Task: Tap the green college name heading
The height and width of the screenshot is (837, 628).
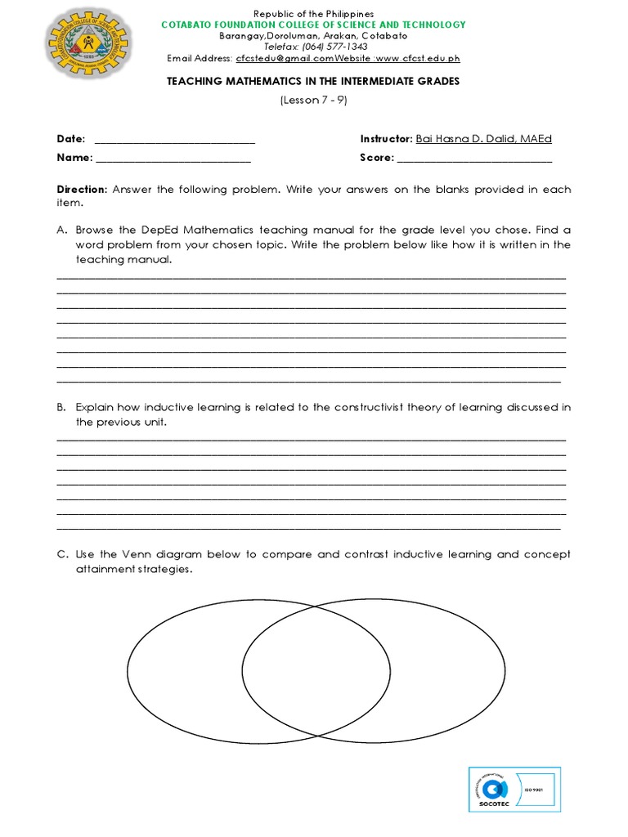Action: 314,25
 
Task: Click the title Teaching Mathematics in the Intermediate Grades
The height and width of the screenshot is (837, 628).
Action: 314,81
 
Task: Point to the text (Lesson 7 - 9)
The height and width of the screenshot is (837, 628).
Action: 314,100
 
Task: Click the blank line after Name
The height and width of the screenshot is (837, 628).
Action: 173,158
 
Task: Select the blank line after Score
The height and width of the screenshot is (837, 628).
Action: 474,158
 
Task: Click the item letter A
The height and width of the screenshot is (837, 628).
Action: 61,231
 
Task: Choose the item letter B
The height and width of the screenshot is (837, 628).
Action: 61,407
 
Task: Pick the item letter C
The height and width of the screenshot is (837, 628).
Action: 61,554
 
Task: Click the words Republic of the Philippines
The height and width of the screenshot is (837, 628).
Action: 314,14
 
